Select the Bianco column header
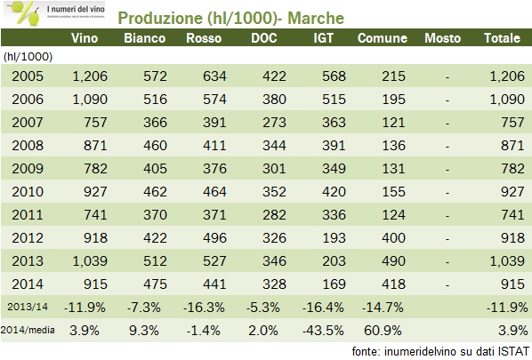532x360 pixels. click(x=145, y=38)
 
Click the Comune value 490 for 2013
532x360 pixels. click(x=386, y=260)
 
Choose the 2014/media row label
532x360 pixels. click(x=27, y=329)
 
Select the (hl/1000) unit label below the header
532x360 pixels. click(x=26, y=57)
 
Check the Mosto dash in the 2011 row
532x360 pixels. click(x=447, y=215)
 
